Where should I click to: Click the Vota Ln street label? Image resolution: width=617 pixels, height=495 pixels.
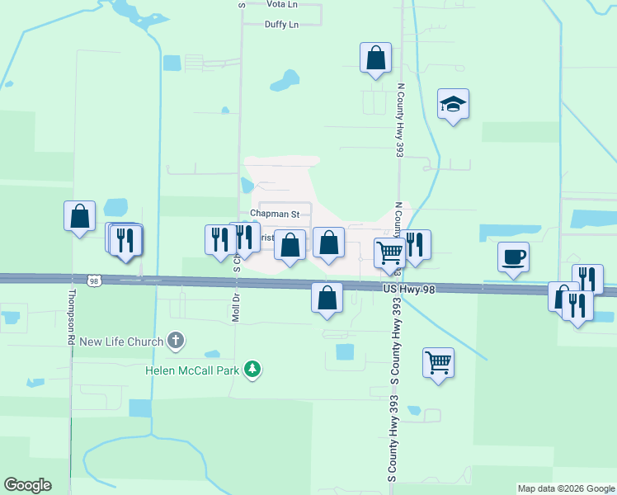click(x=282, y=4)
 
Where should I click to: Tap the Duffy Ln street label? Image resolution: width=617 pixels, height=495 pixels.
click(x=281, y=25)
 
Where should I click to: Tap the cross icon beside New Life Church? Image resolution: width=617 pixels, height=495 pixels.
click(x=175, y=340)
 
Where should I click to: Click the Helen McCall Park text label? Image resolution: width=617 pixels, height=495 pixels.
click(x=192, y=369)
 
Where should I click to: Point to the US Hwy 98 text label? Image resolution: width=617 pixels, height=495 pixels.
click(x=408, y=288)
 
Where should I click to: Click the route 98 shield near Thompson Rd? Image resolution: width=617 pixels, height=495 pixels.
click(x=95, y=280)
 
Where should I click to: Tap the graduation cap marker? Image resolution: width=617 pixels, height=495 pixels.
click(x=453, y=104)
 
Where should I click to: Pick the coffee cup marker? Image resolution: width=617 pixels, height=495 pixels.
click(x=513, y=257)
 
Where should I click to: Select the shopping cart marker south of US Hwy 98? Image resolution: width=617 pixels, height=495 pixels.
click(x=438, y=362)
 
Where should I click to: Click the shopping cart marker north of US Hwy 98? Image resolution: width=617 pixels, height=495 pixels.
click(x=389, y=252)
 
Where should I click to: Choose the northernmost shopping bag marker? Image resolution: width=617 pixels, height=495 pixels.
click(x=375, y=59)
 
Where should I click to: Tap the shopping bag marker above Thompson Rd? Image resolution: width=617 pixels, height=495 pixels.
click(x=79, y=217)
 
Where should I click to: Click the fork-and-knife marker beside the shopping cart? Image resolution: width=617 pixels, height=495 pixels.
click(x=415, y=245)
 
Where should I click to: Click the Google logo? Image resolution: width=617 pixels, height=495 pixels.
click(x=27, y=485)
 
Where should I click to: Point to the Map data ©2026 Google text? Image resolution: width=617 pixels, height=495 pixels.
click(x=565, y=488)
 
